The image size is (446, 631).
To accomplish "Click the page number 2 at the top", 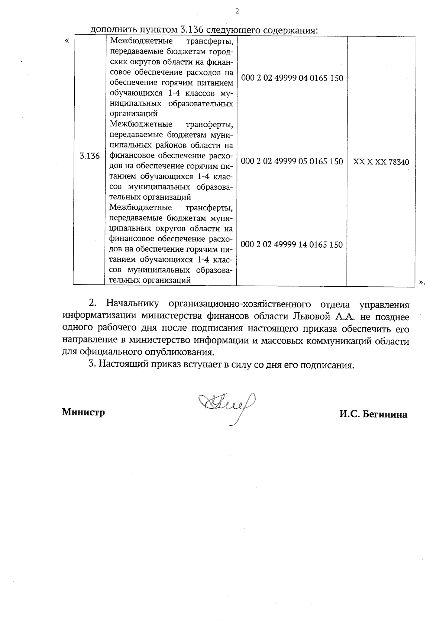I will coord(237,12).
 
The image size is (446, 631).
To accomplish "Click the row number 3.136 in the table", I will coord(90,156).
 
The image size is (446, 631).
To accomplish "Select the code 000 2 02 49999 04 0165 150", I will coord(292,78).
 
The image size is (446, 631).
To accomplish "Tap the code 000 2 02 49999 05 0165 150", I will coord(292,161).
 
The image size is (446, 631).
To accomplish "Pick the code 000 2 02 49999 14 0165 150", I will coord(292,245).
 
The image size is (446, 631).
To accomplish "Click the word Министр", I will coord(83,412).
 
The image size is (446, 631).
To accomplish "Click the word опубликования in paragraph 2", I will coord(186,352).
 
